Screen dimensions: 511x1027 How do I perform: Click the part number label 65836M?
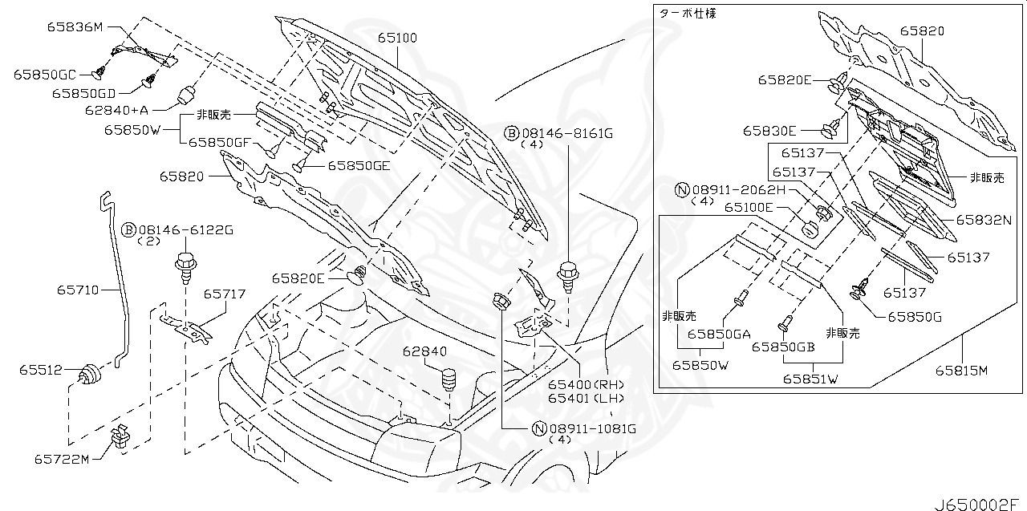[x=76, y=28]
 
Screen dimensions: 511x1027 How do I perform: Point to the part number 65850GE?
[x=358, y=166]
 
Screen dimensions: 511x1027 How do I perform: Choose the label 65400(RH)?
[x=574, y=384]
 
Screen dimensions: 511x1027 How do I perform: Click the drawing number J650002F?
[x=978, y=503]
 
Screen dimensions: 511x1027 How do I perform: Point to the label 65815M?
[x=960, y=370]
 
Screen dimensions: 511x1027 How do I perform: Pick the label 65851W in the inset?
[x=810, y=379]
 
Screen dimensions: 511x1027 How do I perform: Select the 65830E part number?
[x=769, y=130]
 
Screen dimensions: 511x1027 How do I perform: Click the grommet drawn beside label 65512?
[x=91, y=373]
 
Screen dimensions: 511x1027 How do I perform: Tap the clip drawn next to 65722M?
[x=121, y=437]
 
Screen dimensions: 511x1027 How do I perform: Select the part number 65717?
[x=224, y=294]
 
